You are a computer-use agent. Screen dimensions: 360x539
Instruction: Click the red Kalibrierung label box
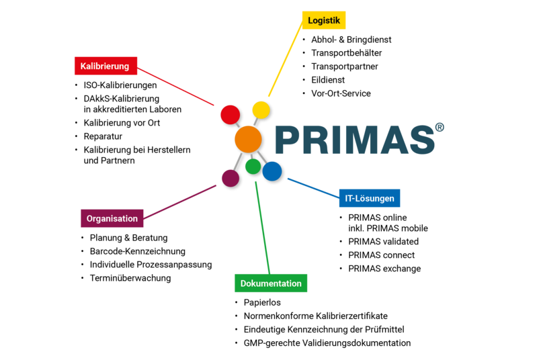(x=105, y=66)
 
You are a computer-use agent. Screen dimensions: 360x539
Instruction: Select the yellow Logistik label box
(x=323, y=20)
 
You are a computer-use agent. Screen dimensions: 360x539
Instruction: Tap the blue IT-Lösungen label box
(x=369, y=198)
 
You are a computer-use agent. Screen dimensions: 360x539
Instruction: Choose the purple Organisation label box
(x=112, y=218)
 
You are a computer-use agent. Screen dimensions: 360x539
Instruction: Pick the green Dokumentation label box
(x=271, y=283)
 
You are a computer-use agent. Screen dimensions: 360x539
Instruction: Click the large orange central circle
(x=248, y=139)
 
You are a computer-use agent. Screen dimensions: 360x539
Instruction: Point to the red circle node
(x=230, y=114)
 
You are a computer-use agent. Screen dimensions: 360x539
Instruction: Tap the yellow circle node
(x=261, y=109)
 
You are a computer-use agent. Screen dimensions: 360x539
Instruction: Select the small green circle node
(x=253, y=166)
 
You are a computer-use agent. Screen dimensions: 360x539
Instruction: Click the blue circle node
(x=272, y=171)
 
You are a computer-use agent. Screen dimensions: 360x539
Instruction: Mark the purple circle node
(x=231, y=178)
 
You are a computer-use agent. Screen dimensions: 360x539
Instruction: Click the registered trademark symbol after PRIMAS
(x=440, y=128)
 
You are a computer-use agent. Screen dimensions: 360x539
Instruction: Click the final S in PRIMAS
(x=420, y=140)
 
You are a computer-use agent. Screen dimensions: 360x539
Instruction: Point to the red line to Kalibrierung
(x=176, y=86)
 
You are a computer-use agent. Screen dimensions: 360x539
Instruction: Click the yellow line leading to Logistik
(x=285, y=60)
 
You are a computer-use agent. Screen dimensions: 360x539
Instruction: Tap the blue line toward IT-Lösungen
(x=313, y=188)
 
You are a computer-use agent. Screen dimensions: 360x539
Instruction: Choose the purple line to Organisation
(x=180, y=202)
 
